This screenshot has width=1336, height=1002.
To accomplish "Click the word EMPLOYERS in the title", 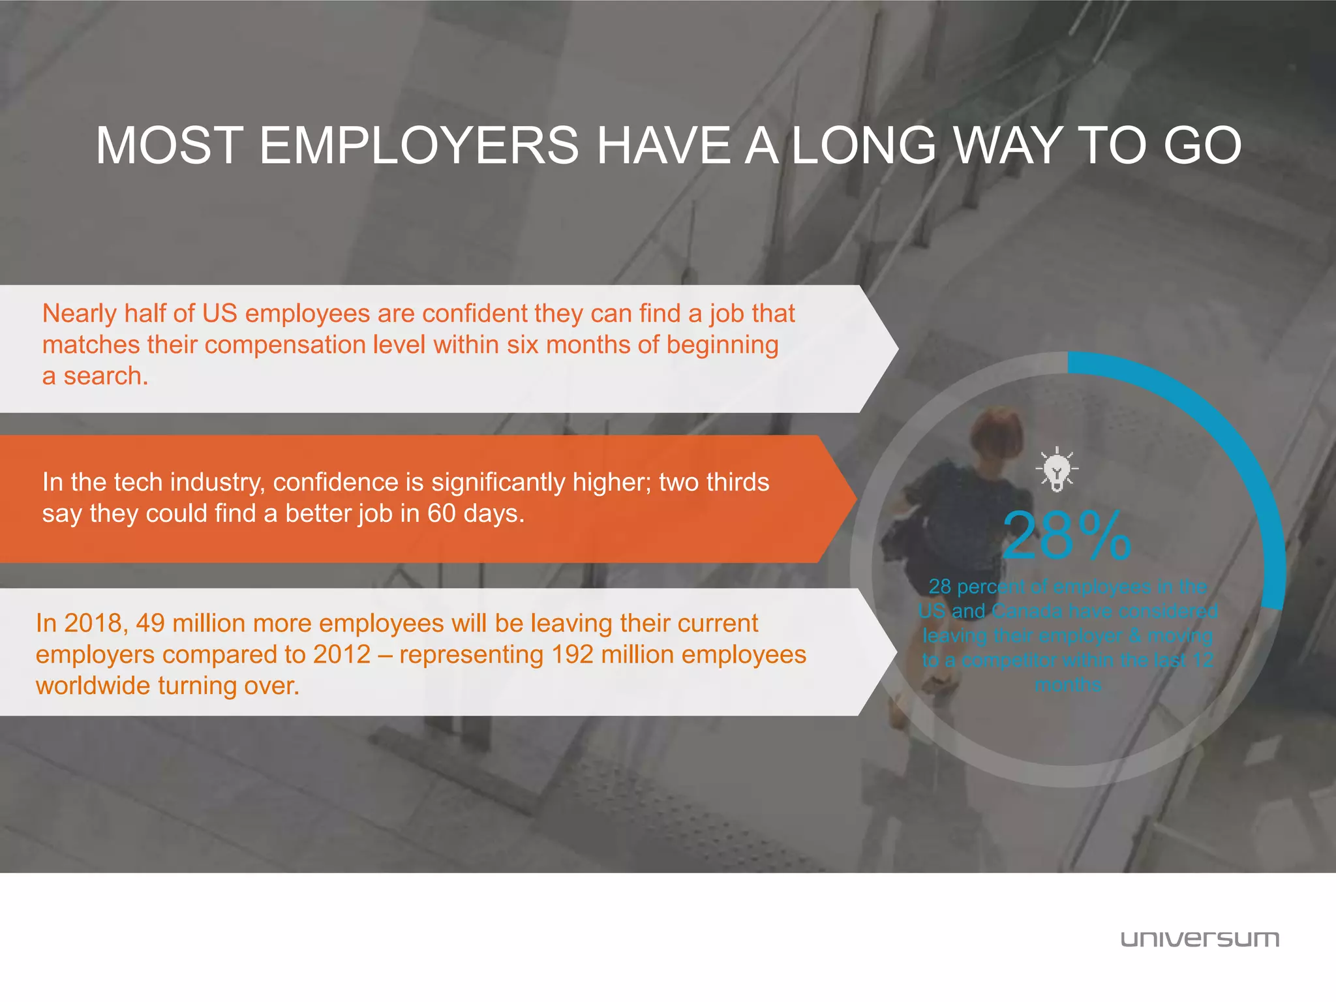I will [418, 145].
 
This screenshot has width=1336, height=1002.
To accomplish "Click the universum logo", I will [1200, 939].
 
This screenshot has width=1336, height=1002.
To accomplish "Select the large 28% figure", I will [1067, 536].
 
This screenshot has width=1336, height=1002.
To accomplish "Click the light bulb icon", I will [1057, 469].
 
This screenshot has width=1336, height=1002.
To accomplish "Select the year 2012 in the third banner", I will [342, 655].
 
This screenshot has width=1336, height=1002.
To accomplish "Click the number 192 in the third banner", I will [571, 655].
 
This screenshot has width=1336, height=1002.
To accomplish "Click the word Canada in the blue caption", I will [1027, 612].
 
